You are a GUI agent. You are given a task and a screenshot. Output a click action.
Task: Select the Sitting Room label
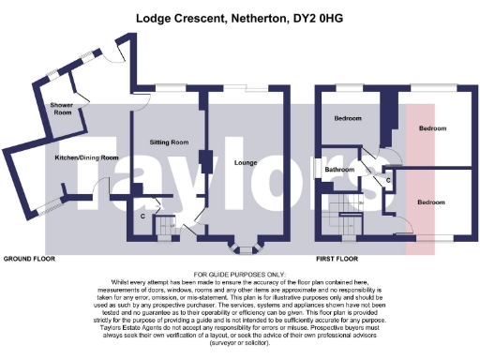[x=169, y=142]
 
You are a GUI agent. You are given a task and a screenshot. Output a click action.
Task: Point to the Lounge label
[x=247, y=161]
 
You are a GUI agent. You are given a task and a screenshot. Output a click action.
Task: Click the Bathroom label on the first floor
[x=339, y=170]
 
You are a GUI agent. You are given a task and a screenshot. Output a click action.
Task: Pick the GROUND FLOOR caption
[x=28, y=257]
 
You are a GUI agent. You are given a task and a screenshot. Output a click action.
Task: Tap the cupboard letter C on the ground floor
[x=142, y=217]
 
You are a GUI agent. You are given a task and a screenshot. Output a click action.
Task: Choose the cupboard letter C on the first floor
[x=388, y=178]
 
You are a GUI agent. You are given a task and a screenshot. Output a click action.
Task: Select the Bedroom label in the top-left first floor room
[x=349, y=119]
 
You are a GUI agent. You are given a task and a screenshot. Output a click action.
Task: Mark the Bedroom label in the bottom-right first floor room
[x=432, y=202]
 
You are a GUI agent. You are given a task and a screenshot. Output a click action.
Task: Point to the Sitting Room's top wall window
[x=168, y=88]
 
